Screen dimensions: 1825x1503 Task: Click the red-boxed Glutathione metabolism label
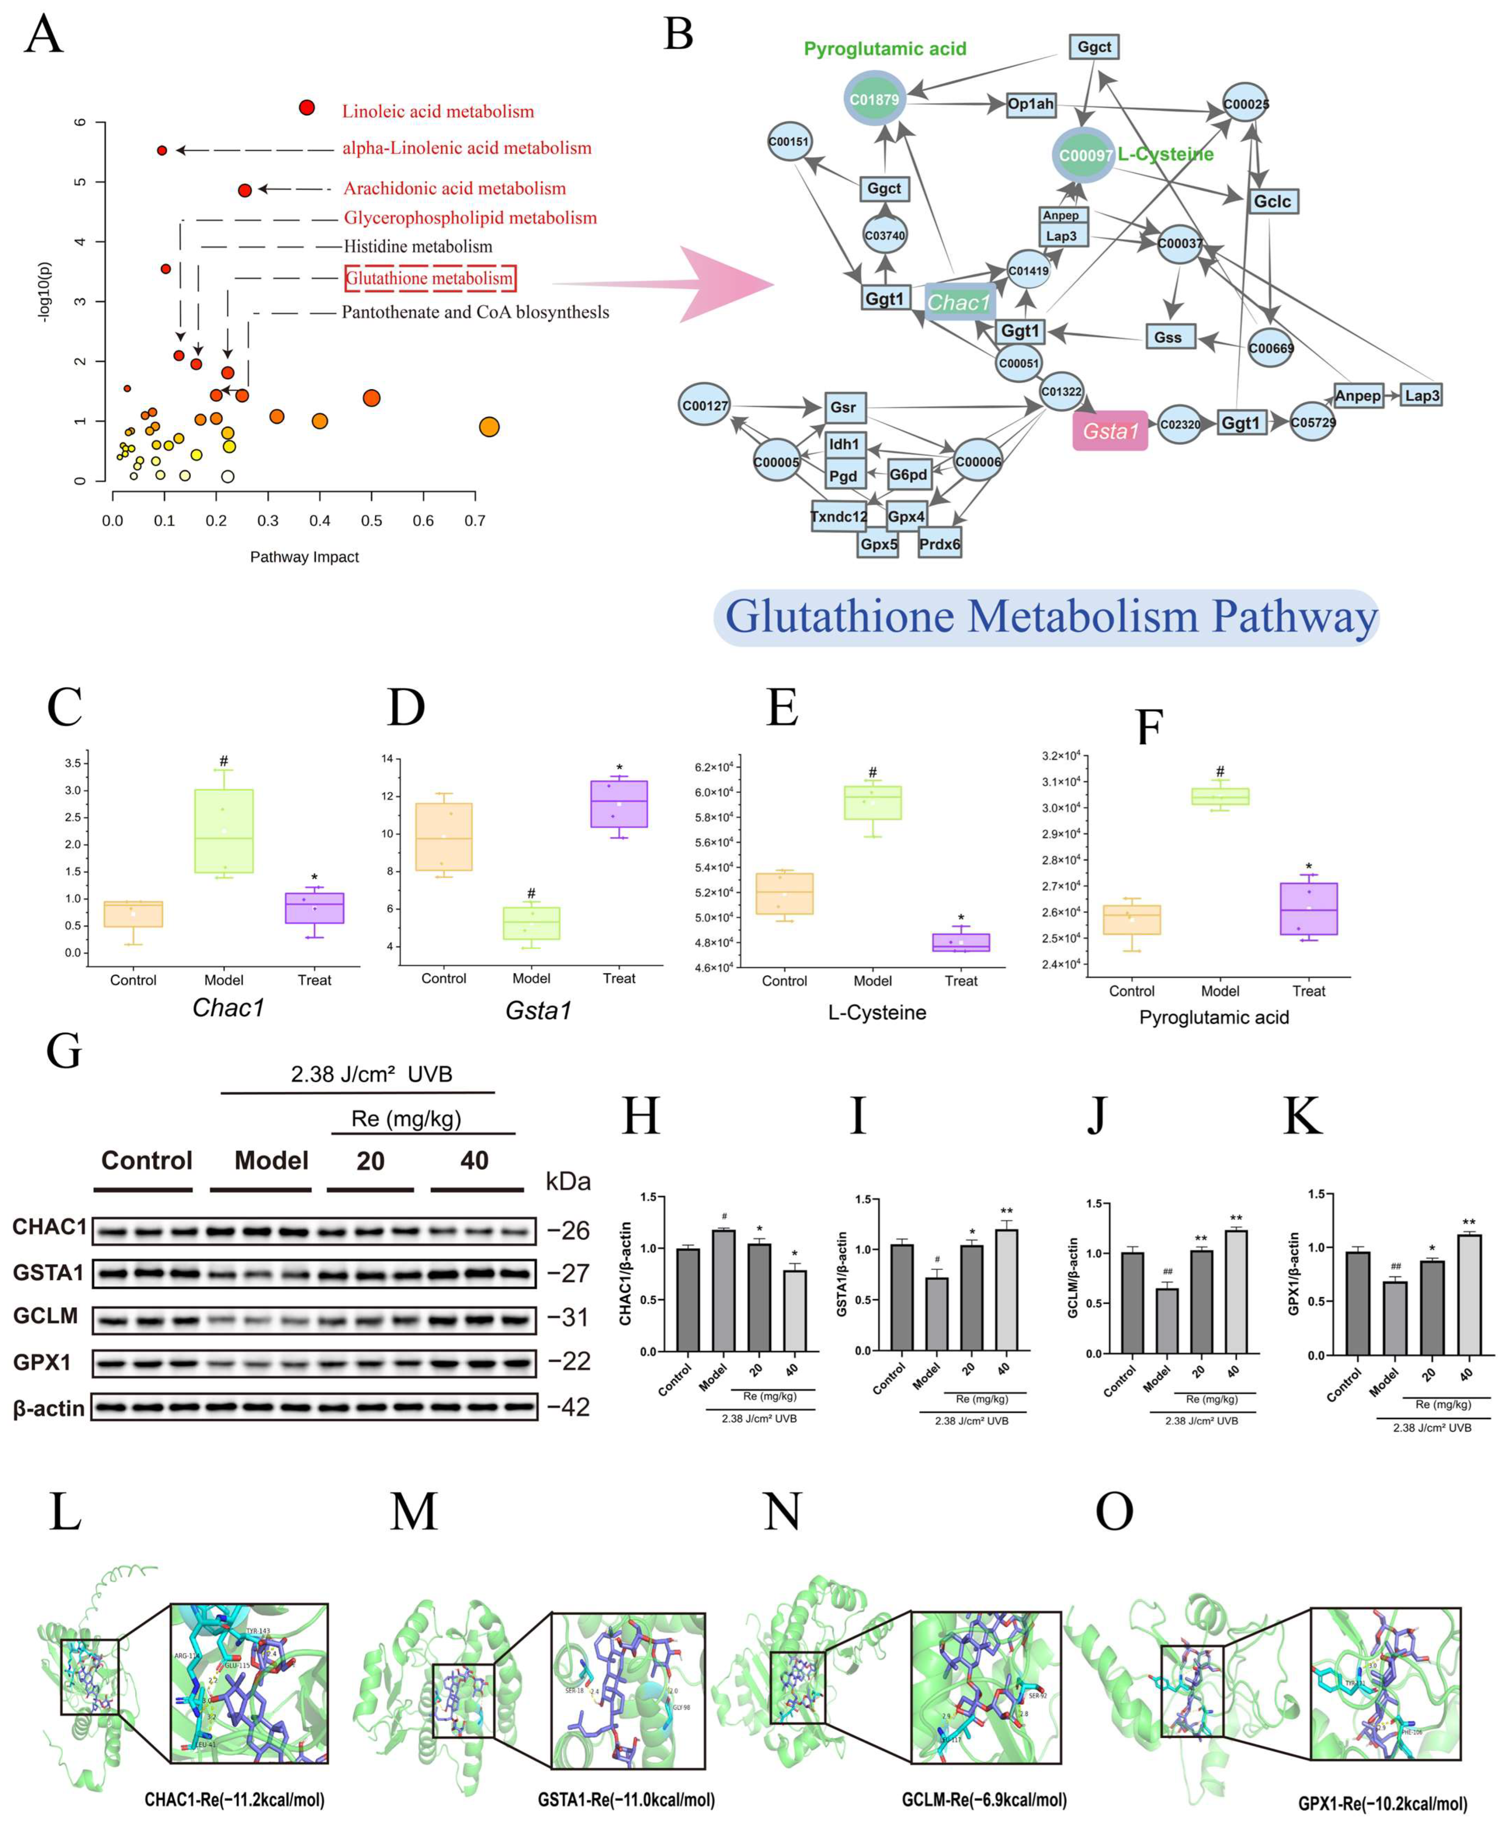430,278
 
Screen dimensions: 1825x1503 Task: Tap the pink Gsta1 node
1110,430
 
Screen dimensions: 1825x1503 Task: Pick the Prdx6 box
939,544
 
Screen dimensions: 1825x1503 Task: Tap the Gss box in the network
1168,337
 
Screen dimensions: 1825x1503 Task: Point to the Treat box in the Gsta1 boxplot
619,803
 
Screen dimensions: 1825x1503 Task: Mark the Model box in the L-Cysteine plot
873,802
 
